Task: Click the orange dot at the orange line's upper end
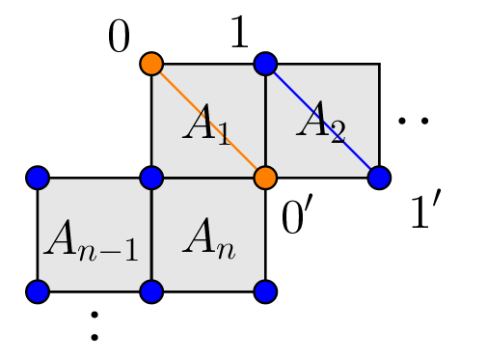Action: [x=151, y=64]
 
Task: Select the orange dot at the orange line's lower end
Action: [x=265, y=178]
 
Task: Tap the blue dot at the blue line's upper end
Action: [x=265, y=64]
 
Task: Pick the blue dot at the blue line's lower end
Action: [x=379, y=178]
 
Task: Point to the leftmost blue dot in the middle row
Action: [x=38, y=178]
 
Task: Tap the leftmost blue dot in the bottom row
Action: [x=38, y=291]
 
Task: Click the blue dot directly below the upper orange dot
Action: [x=151, y=178]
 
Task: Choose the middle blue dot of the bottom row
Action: [x=151, y=291]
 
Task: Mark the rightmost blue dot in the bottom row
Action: [x=265, y=291]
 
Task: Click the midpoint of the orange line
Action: [x=208, y=121]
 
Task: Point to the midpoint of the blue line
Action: [x=322, y=121]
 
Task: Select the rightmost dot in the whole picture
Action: [x=379, y=178]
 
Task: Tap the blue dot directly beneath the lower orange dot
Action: [x=265, y=291]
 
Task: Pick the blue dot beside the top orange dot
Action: [x=265, y=64]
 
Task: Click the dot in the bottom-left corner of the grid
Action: [x=38, y=291]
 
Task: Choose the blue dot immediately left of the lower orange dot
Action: [x=151, y=178]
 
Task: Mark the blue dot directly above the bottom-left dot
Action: [x=38, y=178]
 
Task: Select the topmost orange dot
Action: [x=151, y=64]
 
